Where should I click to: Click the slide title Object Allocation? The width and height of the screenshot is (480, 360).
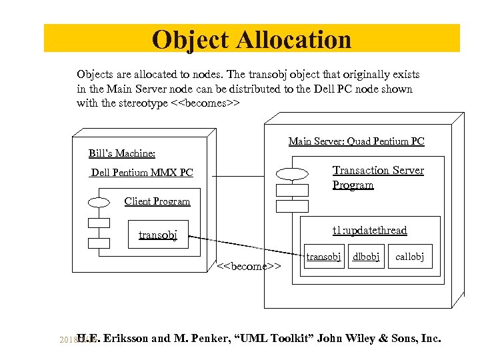251,39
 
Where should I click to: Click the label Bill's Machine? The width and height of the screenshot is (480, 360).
122,153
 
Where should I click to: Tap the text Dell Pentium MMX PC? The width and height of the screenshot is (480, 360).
142,173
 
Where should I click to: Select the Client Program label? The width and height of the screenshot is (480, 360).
157,201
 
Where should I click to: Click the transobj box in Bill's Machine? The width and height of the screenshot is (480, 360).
158,235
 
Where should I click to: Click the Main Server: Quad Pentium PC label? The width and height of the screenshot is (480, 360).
356,141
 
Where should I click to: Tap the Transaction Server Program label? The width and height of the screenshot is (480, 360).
378,177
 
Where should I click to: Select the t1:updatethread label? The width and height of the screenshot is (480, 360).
369,230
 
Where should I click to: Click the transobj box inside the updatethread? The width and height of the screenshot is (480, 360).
323,257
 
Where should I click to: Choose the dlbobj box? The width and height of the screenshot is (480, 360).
366,257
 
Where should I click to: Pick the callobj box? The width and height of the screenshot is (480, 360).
409,257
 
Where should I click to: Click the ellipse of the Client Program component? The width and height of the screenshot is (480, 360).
99,202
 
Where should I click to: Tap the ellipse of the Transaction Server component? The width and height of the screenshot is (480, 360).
292,175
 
